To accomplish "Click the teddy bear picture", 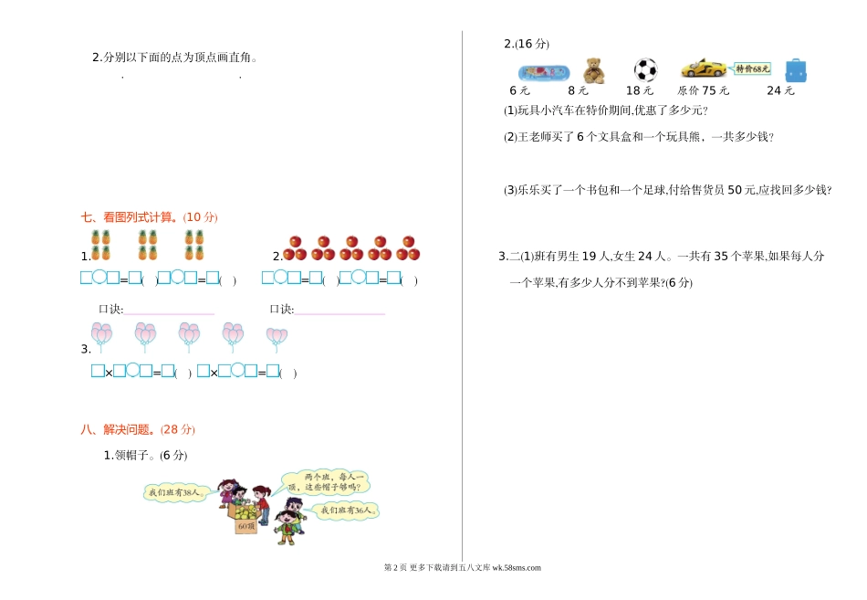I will (x=594, y=70).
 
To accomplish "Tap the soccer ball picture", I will (x=645, y=70).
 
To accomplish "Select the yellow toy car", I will (x=703, y=68).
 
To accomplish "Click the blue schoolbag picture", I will (x=796, y=70).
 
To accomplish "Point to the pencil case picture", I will (x=544, y=71).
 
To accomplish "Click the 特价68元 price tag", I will (x=753, y=68).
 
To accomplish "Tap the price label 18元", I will (x=640, y=90).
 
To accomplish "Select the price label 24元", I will (x=780, y=90).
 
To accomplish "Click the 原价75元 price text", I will (x=704, y=90).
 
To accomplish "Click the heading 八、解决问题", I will (x=138, y=429).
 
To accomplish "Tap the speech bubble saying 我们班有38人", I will (x=178, y=492).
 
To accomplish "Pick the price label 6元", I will (x=519, y=90).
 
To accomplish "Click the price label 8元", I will (x=578, y=90).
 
